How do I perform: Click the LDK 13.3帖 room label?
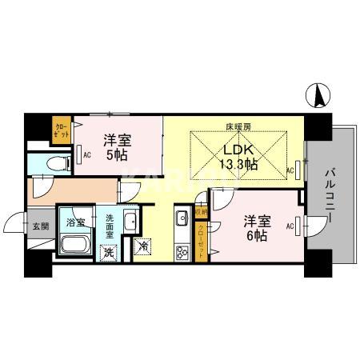238,157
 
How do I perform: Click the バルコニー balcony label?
330,194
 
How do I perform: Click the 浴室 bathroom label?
76,220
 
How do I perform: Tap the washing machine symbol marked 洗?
108,250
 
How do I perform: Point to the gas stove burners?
181,251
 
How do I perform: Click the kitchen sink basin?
182,216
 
